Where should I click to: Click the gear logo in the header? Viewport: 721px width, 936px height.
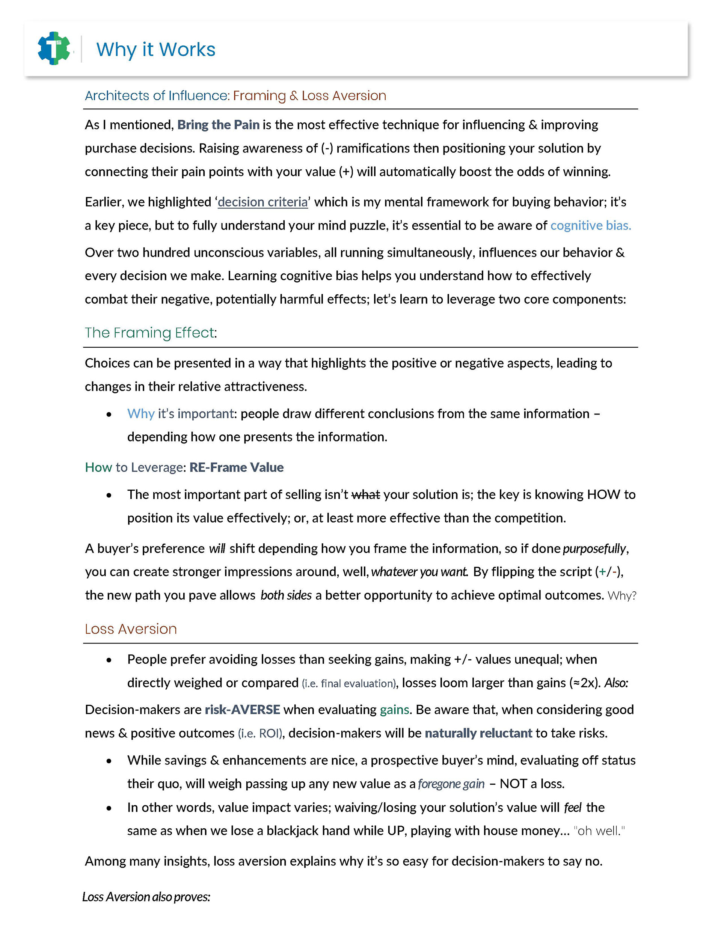tap(54, 48)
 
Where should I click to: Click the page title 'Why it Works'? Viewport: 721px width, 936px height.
tap(155, 50)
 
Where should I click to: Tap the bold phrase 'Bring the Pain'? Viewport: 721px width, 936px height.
tap(218, 125)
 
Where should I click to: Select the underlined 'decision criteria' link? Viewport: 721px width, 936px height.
tap(262, 202)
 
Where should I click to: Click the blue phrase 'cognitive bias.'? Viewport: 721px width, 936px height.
tap(590, 225)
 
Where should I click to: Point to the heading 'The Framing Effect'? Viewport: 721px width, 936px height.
tap(149, 333)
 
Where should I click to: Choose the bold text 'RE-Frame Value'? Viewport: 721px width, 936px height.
tap(236, 467)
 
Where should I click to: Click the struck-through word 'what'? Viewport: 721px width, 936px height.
tap(365, 494)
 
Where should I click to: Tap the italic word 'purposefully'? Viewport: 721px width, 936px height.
tap(594, 549)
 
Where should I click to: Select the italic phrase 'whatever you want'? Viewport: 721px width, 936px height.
tap(419, 572)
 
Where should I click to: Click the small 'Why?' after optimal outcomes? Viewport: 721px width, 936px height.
tap(622, 595)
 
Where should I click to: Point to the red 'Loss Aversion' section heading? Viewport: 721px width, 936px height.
tap(131, 629)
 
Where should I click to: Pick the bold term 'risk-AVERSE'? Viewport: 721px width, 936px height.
tap(242, 710)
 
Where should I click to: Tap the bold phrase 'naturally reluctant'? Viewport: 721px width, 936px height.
tap(478, 733)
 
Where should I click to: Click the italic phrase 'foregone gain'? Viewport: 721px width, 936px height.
tap(451, 784)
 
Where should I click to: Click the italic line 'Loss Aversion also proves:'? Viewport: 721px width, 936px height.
tap(146, 897)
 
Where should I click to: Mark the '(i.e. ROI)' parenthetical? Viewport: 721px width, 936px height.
tap(260, 733)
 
